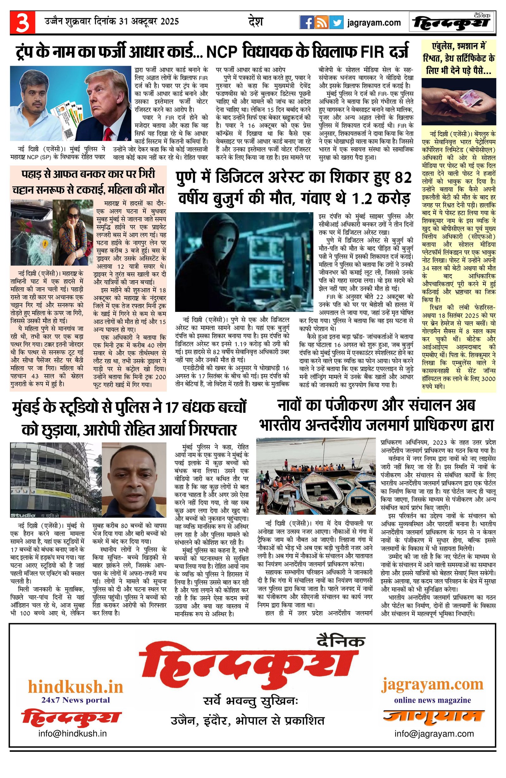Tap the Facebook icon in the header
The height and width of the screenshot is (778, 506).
307,22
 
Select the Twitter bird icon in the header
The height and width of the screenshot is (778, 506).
336,22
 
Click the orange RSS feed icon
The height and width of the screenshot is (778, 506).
322,22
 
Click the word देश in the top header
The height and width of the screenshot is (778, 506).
256,22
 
